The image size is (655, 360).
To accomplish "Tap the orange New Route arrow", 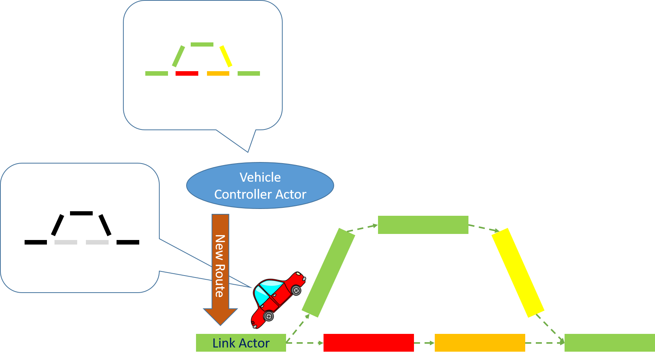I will coord(220,265).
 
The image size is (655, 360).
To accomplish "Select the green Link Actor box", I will coord(241,343).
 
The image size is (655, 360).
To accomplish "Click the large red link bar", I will coord(369,343).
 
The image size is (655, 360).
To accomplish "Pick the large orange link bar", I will coord(480,343).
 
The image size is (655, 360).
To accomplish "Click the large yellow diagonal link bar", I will coord(517,273).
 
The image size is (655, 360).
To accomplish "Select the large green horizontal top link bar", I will coord(423,225).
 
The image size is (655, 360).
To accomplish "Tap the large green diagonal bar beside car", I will coord(328,273).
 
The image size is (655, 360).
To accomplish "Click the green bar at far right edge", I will coord(609,343).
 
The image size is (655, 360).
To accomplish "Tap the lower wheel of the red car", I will coord(268,316).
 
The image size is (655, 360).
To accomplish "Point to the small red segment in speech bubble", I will coord(187,73).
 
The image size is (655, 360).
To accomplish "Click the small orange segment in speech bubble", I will coord(218,73).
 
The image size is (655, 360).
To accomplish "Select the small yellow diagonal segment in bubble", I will coord(226,56).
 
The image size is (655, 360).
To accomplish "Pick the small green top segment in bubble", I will coord(202,44).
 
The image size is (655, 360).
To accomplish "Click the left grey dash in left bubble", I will coord(66,242).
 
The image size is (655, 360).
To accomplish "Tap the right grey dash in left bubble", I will coord(97,242).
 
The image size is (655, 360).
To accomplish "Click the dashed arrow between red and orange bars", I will coord(424,343).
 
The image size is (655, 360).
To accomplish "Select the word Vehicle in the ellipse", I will coord(260,177).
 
